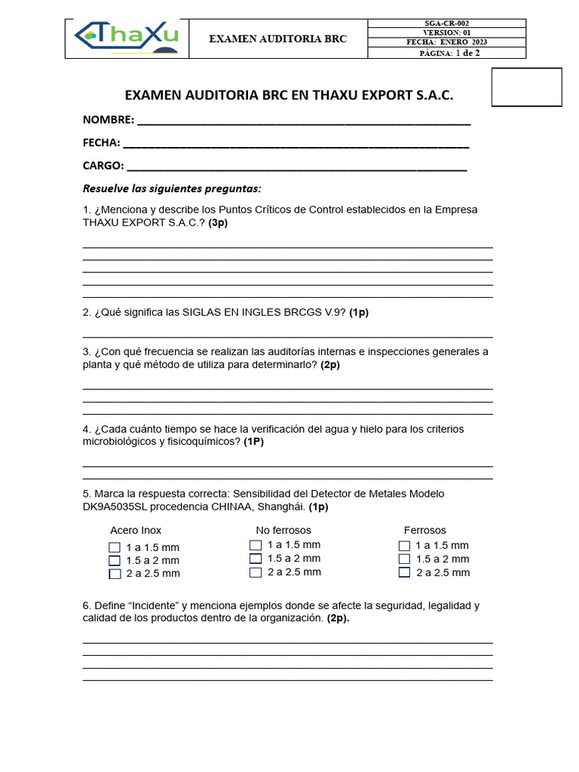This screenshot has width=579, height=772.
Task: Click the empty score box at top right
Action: click(x=526, y=87)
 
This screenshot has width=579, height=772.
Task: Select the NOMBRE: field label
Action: click(x=109, y=120)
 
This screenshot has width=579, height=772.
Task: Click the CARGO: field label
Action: click(x=103, y=166)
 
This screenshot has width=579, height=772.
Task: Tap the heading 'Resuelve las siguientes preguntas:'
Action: click(x=172, y=188)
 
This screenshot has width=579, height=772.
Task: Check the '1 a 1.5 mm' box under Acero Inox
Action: click(x=115, y=547)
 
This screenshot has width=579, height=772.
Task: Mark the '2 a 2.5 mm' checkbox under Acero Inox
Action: click(x=115, y=574)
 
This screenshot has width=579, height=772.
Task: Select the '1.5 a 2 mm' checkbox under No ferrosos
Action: click(x=256, y=559)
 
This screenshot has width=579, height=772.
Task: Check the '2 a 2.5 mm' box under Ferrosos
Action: click(x=404, y=572)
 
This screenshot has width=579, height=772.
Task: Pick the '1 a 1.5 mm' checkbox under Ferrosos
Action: click(x=404, y=546)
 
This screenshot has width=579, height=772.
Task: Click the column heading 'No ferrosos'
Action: click(x=283, y=530)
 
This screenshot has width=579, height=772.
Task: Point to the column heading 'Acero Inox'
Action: click(x=136, y=530)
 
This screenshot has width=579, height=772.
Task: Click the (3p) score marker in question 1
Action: click(x=218, y=223)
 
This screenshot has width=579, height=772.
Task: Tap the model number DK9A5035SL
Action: click(x=119, y=507)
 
